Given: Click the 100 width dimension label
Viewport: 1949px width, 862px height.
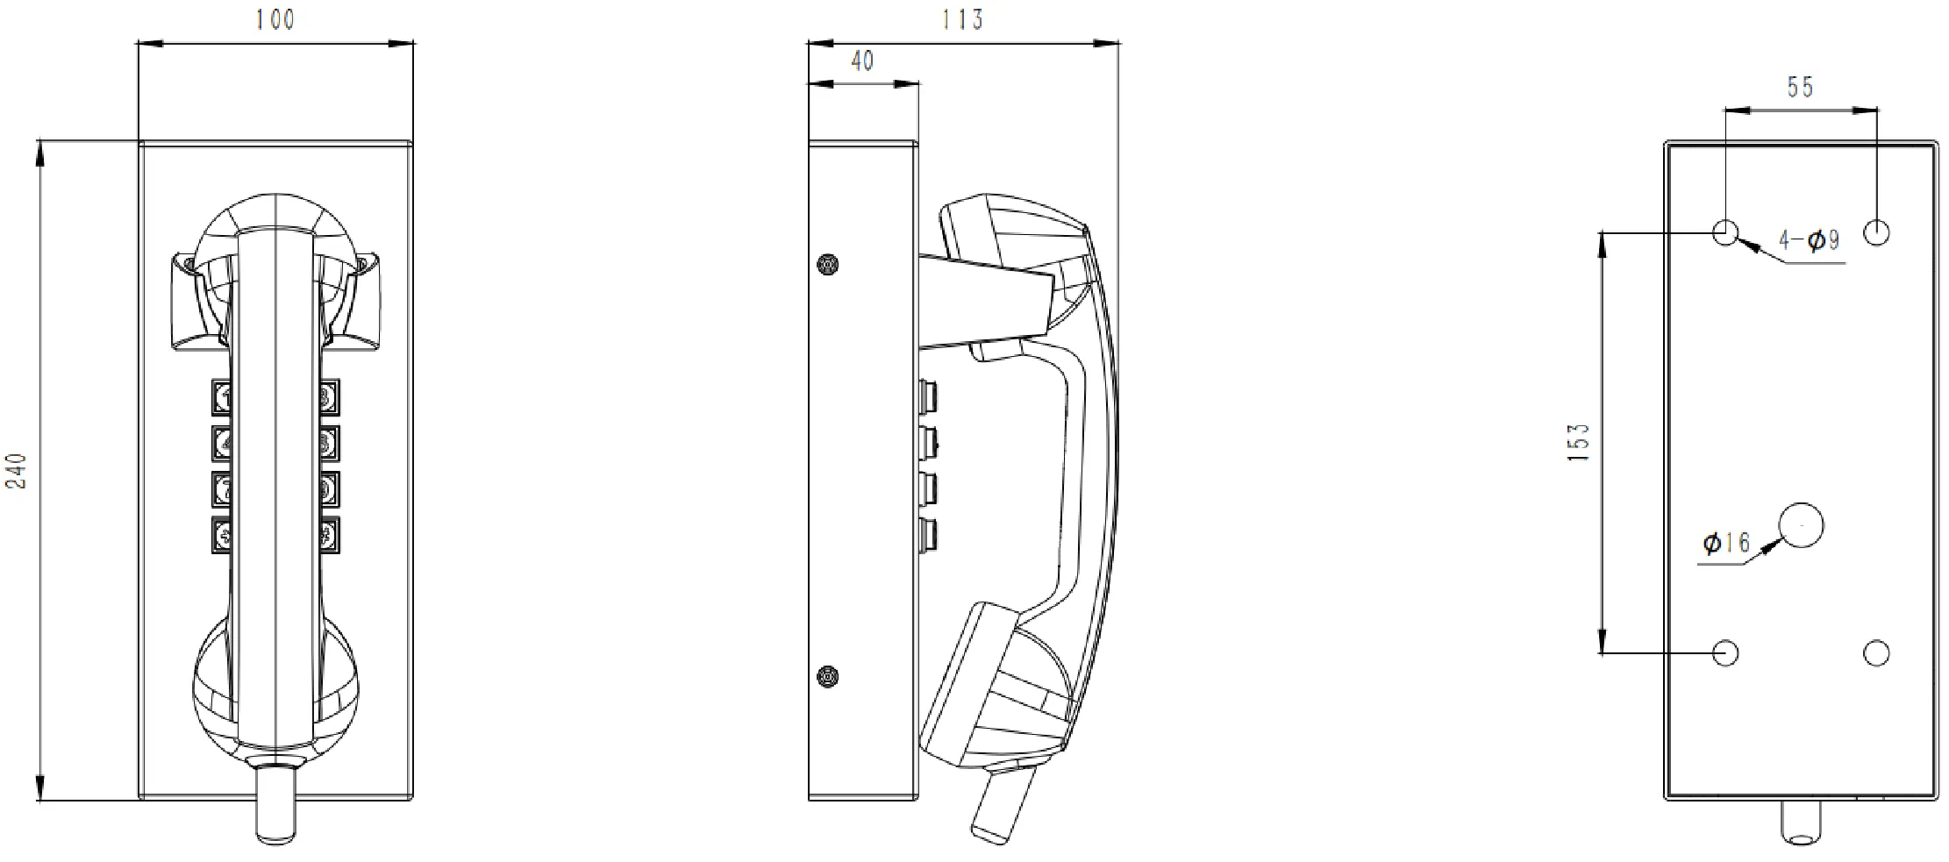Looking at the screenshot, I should tap(275, 19).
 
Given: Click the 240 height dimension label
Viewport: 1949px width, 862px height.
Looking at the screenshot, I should tap(18, 470).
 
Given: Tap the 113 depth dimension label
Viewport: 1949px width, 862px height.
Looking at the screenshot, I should tap(963, 19).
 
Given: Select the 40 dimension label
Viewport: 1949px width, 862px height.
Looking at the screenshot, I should tap(862, 61).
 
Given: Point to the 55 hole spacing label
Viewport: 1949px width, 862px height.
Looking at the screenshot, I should tap(1800, 87).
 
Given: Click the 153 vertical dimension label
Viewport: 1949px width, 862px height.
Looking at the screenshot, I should tap(1578, 443).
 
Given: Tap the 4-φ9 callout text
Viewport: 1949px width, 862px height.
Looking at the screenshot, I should tap(1809, 239).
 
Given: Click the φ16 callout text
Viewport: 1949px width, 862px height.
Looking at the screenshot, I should tap(1725, 543).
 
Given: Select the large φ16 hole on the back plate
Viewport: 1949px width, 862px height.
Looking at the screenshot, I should tap(1800, 525).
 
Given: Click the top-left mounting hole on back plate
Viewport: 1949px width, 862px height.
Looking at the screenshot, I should tap(1725, 232).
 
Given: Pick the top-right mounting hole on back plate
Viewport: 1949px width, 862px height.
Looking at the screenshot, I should tap(1876, 232).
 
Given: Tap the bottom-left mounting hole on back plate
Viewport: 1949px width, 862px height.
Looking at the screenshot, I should tap(1725, 652).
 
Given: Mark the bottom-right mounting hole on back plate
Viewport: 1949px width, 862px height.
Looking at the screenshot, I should tap(1876, 652).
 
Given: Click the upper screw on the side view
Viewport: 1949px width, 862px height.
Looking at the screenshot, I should tap(826, 264).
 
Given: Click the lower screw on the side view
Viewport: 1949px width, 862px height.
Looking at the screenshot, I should tap(826, 676).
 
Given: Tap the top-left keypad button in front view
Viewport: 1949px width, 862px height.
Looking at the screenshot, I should tap(222, 397).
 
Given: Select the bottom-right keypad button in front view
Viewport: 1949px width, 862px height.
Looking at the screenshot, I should tap(329, 535).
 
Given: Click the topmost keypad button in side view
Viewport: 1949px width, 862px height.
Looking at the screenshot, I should tap(928, 396).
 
